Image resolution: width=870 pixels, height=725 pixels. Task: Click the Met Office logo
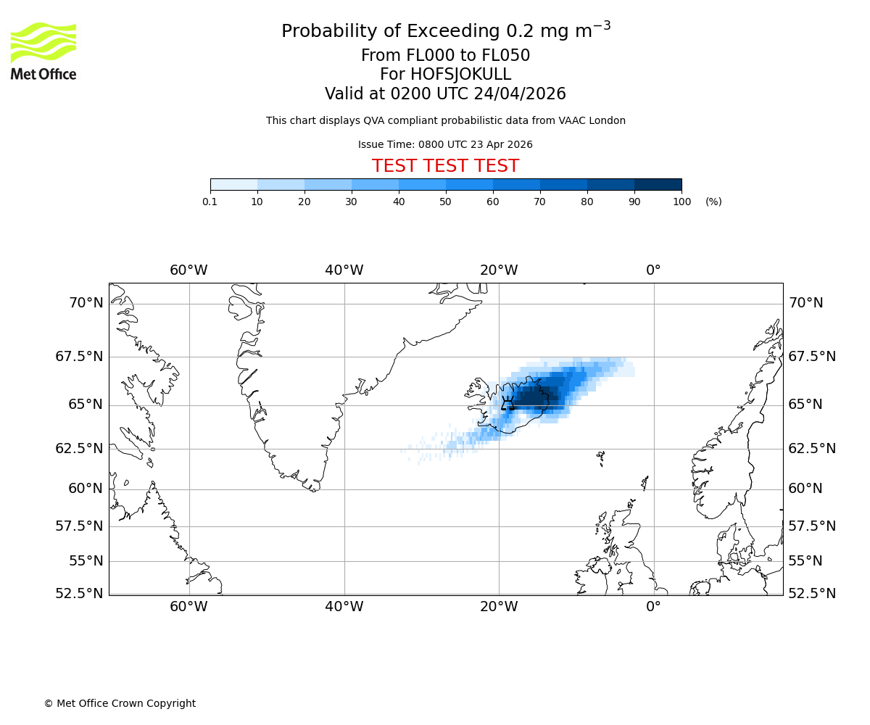(x=43, y=51)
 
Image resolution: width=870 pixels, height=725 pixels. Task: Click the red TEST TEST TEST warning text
(x=445, y=166)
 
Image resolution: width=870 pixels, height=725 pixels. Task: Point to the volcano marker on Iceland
(x=507, y=403)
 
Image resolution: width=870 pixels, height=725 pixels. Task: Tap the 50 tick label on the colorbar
(x=446, y=202)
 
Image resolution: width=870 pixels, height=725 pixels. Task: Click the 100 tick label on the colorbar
(x=681, y=202)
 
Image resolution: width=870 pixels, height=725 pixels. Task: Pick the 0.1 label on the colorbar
(x=210, y=202)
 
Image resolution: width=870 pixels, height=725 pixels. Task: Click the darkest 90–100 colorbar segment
(x=658, y=184)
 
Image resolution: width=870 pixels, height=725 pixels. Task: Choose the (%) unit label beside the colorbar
(x=713, y=202)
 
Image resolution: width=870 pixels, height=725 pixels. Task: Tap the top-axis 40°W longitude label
(x=344, y=270)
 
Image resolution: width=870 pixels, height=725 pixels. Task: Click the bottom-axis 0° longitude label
(x=653, y=607)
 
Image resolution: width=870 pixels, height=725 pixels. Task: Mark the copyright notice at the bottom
(x=120, y=703)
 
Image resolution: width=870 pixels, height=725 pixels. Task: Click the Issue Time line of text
(x=445, y=144)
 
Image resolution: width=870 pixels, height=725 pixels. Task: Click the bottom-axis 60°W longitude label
(x=188, y=607)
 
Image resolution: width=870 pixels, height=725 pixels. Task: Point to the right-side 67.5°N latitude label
(x=812, y=357)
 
